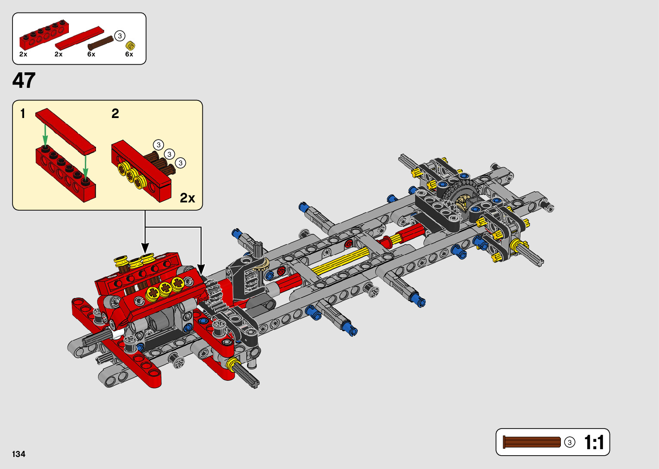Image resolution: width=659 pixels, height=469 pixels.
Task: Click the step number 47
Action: click(24, 81)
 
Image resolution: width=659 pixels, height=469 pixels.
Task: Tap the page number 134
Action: click(19, 454)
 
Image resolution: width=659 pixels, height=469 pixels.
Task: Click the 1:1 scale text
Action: click(594, 442)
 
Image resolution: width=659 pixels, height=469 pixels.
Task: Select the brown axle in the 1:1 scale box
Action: click(532, 442)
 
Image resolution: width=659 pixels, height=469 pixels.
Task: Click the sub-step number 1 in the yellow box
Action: click(23, 114)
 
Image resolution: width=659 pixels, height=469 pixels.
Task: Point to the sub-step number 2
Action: click(115, 114)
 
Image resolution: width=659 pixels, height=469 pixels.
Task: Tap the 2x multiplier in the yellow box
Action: click(187, 198)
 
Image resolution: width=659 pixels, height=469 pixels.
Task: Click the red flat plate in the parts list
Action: click(80, 38)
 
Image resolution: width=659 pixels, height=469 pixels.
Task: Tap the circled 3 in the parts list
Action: click(120, 36)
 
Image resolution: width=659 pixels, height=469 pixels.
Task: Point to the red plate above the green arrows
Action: click(65, 130)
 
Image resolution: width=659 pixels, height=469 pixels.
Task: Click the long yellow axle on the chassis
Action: click(340, 261)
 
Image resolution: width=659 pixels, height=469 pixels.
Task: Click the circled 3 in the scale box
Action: click(569, 442)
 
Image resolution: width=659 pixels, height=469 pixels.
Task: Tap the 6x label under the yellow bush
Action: click(129, 54)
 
